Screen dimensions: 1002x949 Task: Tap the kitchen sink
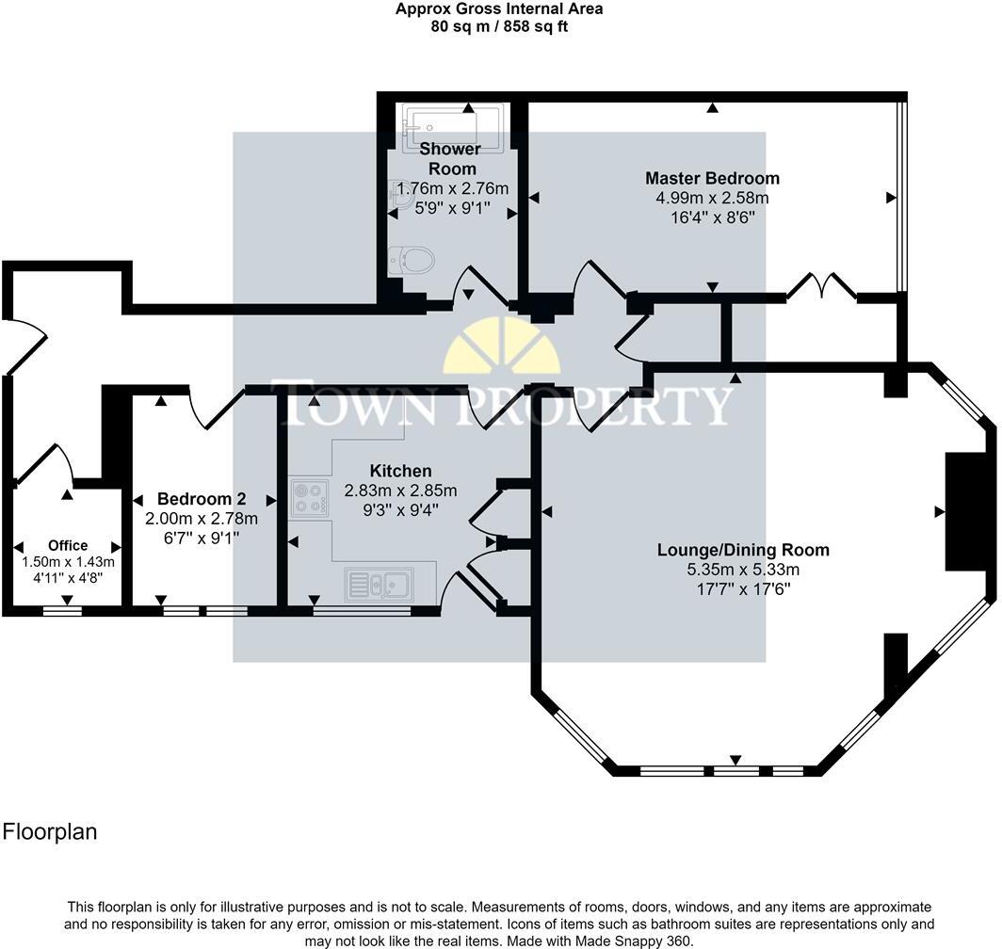tap(379, 584)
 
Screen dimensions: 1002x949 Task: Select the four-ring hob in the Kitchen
tap(309, 498)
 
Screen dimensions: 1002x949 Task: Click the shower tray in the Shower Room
tap(444, 126)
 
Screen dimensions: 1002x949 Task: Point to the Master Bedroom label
tap(713, 178)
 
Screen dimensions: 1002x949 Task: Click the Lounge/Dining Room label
tap(743, 550)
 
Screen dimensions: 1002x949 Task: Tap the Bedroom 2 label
tap(202, 498)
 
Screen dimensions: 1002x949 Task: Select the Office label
tap(68, 545)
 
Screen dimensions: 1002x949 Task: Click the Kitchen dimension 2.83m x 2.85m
tap(400, 491)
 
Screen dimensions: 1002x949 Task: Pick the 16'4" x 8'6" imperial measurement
tap(713, 217)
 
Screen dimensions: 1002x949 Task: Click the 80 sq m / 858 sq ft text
tap(499, 27)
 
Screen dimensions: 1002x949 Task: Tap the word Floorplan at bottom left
tap(50, 831)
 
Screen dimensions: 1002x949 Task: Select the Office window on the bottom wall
tap(62, 611)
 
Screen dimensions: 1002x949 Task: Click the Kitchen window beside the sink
tap(362, 611)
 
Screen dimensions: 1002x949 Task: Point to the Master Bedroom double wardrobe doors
tap(822, 285)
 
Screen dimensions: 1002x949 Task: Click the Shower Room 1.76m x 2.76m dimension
tap(452, 188)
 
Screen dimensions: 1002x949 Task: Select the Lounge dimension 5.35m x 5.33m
tap(743, 570)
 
